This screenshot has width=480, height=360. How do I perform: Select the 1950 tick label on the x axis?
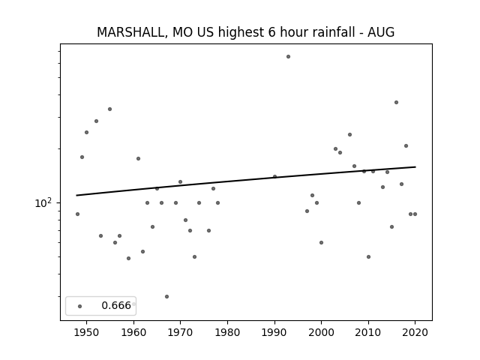point(87,332)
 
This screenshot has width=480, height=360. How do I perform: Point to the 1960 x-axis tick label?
point(133,332)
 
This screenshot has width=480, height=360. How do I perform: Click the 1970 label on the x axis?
point(180,332)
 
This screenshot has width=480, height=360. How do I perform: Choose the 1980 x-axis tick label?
point(227,332)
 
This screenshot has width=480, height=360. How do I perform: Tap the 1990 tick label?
point(274,332)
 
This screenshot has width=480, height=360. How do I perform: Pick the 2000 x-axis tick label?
point(322,332)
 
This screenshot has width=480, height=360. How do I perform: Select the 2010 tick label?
point(368,332)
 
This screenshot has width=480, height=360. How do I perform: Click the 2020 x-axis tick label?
point(415,332)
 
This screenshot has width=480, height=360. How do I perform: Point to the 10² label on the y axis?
point(43,203)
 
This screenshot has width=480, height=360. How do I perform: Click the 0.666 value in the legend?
point(116,305)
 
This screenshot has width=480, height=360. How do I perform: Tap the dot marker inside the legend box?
point(80,307)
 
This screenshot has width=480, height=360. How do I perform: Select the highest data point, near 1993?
point(288,57)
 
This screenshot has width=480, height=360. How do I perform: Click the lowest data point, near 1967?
point(166,297)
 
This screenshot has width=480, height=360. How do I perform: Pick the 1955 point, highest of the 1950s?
point(110,109)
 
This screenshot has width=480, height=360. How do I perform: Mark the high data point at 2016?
point(397,103)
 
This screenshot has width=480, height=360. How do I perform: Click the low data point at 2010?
point(368,256)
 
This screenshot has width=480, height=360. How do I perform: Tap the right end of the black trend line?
point(415,166)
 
